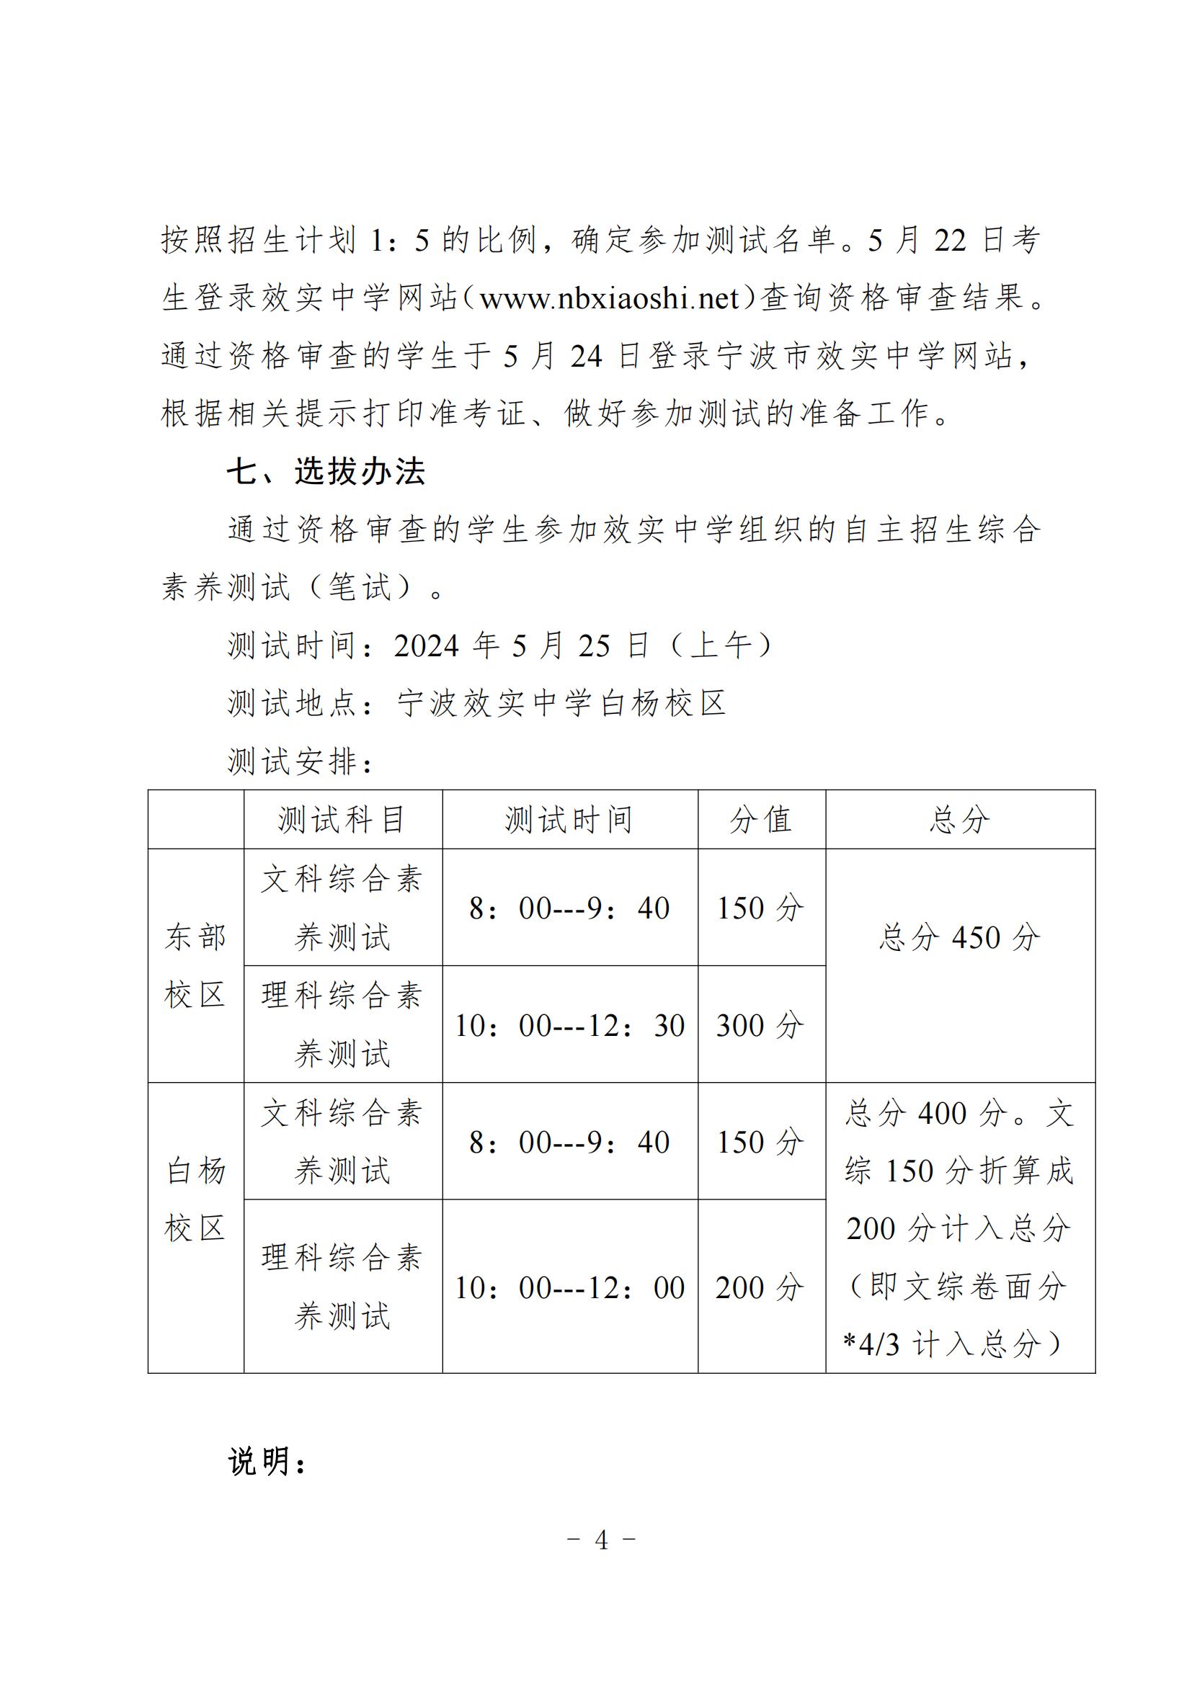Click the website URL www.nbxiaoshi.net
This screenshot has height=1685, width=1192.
tap(609, 298)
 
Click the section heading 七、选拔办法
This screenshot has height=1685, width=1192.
tap(325, 471)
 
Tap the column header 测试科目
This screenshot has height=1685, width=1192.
tap(342, 820)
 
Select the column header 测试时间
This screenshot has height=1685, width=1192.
tap(569, 820)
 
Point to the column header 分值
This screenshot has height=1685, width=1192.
tap(761, 820)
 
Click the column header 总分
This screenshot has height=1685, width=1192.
tap(959, 820)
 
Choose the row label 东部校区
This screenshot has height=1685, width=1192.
tap(195, 966)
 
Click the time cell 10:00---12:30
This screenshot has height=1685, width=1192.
tap(569, 1025)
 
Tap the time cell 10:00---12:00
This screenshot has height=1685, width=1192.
tap(569, 1288)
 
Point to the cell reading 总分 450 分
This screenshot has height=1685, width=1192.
tap(959, 938)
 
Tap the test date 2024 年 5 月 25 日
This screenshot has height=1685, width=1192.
tap(521, 645)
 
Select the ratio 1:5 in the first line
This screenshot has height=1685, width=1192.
tap(399, 241)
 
